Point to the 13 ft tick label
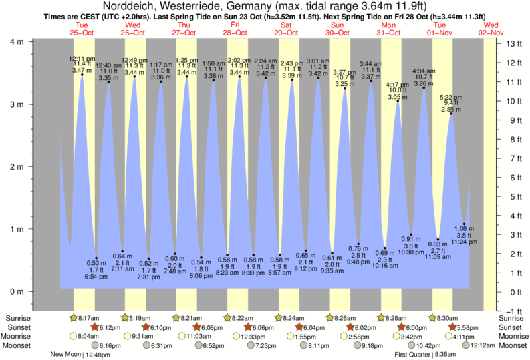pyautogui.click(x=513, y=44)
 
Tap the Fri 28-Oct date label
pyautogui.click(x=237, y=29)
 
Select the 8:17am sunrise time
pyautogui.click(x=92, y=318)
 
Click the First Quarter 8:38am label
pyautogui.click(x=428, y=355)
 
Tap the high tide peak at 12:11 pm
pyautogui.click(x=82, y=75)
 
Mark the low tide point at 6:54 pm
pyautogui.click(x=96, y=258)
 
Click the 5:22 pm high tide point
pyautogui.click(x=452, y=114)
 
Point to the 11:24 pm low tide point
pyautogui.click(x=465, y=224)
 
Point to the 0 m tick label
pyautogui.click(x=18, y=292)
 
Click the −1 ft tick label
pyautogui.click(x=513, y=311)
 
